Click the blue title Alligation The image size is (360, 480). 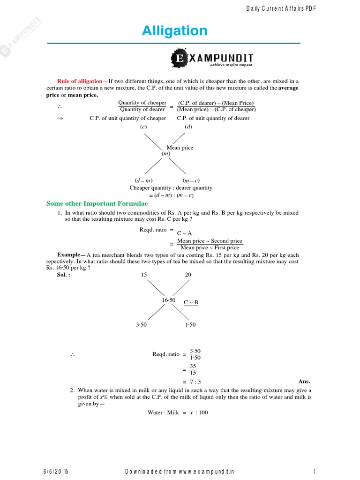click(174, 31)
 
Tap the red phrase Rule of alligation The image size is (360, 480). click(79, 81)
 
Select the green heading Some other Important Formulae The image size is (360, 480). click(97, 203)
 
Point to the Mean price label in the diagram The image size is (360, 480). click(180, 148)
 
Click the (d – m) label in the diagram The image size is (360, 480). click(143, 180)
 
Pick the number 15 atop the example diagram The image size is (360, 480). click(144, 275)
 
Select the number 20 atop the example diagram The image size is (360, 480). click(188, 275)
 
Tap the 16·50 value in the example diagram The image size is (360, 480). click(169, 300)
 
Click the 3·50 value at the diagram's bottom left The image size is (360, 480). click(141, 325)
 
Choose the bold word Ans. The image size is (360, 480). click(304, 382)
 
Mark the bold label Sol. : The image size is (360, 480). click(63, 275)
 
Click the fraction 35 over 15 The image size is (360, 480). click(193, 369)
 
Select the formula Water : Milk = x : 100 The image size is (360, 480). click(178, 412)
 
